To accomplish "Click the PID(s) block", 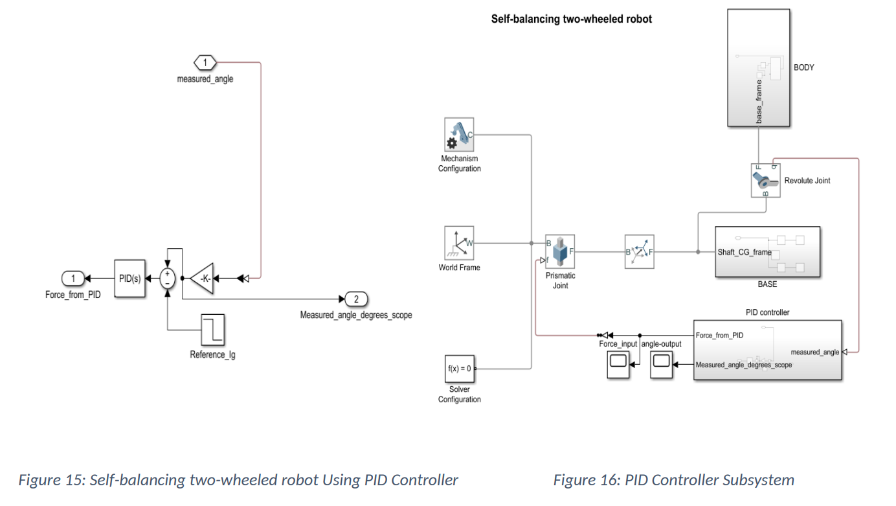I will [129, 279].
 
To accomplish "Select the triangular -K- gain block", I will [202, 279].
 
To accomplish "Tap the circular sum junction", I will [168, 279].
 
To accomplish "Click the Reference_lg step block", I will [212, 329].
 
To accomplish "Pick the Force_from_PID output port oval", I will [73, 279].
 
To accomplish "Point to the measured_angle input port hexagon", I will [205, 63].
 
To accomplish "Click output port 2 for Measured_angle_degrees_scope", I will [356, 299].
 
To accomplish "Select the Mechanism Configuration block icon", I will [459, 134].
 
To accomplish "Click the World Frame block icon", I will [459, 243].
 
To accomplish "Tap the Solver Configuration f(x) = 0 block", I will [459, 369].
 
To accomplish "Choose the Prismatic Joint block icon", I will [560, 251].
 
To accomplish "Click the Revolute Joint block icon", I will [765, 180].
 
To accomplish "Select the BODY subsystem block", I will [758, 67].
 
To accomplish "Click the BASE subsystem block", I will [767, 252].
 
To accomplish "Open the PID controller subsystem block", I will [767, 349].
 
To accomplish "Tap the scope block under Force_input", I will [618, 365].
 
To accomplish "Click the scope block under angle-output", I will [662, 365].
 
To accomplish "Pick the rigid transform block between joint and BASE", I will [639, 251].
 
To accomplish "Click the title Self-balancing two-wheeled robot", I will [572, 19].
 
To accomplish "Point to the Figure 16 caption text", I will [673, 480].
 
